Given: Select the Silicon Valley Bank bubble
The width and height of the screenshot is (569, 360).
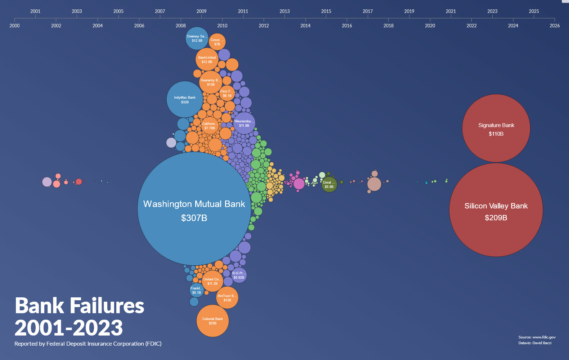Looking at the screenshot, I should pyautogui.click(x=496, y=210).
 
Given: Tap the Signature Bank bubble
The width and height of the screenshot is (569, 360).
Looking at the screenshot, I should pyautogui.click(x=496, y=129).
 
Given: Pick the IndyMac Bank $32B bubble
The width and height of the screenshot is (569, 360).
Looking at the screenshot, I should pyautogui.click(x=185, y=99).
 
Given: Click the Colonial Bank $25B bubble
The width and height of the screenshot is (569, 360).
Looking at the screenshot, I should pyautogui.click(x=212, y=321).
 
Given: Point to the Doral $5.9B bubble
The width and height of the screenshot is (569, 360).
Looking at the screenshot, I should pyautogui.click(x=329, y=184).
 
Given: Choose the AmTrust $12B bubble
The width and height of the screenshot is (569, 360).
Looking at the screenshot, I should pyautogui.click(x=227, y=298).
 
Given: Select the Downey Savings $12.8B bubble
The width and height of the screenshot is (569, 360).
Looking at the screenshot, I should pyautogui.click(x=197, y=38).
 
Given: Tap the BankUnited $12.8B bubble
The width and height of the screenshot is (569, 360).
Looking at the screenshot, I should pyautogui.click(x=207, y=59).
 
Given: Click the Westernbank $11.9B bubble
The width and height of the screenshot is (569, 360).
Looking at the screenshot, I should pyautogui.click(x=244, y=123).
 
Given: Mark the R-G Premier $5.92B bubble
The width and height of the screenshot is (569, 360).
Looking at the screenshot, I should pyautogui.click(x=239, y=275).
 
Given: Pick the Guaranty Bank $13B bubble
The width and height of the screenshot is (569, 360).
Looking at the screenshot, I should pyautogui.click(x=211, y=82).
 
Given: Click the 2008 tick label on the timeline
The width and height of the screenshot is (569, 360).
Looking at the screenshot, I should pyautogui.click(x=181, y=26).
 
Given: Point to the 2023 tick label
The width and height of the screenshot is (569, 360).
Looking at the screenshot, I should pyautogui.click(x=492, y=11).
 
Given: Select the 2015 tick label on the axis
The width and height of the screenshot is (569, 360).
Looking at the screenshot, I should pyautogui.click(x=326, y=11).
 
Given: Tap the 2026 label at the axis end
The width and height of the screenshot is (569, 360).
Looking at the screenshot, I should pyautogui.click(x=555, y=26).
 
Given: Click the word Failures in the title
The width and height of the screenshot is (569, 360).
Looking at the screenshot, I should pyautogui.click(x=107, y=306).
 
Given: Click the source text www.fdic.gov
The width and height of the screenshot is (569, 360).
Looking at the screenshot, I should pyautogui.click(x=544, y=337).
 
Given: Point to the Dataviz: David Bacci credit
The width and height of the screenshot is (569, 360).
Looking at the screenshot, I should pyautogui.click(x=535, y=343).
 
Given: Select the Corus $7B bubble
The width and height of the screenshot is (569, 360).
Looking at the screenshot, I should pyautogui.click(x=217, y=42).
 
